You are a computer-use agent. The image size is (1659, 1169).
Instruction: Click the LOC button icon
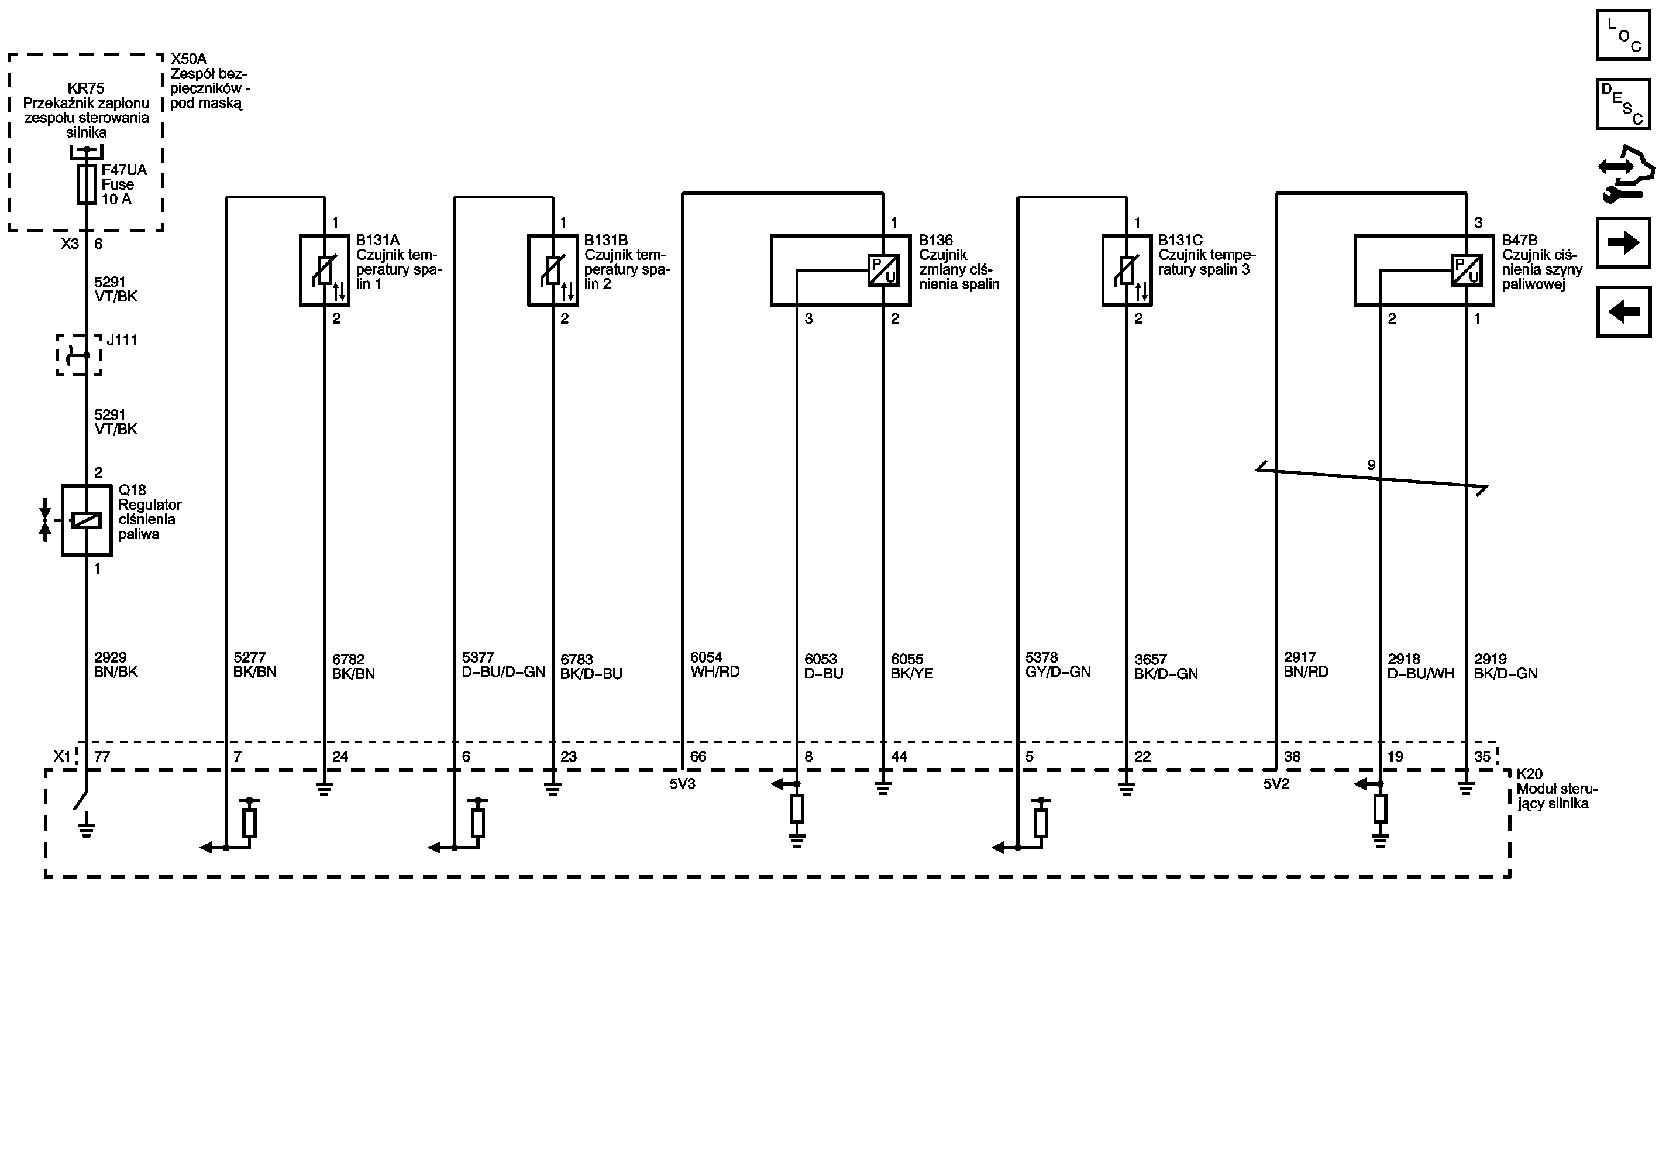[1623, 35]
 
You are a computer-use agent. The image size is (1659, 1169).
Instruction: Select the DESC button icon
[1623, 104]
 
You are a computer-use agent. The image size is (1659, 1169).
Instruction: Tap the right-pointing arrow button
[1623, 243]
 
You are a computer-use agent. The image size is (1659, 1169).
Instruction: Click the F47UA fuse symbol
[86, 184]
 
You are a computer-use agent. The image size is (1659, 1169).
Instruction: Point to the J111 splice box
[79, 355]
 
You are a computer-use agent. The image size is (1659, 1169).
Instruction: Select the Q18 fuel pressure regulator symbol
[87, 520]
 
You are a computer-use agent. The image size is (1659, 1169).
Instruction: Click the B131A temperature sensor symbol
[325, 270]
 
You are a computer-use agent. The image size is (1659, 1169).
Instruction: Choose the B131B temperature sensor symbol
[553, 270]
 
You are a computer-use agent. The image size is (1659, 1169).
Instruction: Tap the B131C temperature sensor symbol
[1127, 270]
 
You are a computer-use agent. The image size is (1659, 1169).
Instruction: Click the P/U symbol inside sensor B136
[883, 270]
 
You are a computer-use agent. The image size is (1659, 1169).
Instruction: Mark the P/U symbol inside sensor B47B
[1467, 270]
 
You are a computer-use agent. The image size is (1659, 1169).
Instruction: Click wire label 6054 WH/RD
[715, 664]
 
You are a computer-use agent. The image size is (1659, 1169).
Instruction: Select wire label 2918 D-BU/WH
[1420, 666]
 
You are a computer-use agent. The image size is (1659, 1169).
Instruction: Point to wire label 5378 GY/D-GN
[1058, 664]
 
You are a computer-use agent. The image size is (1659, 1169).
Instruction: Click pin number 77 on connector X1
[102, 756]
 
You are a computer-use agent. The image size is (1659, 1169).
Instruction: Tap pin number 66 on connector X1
[698, 756]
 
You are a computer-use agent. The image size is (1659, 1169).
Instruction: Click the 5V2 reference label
[1276, 784]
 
